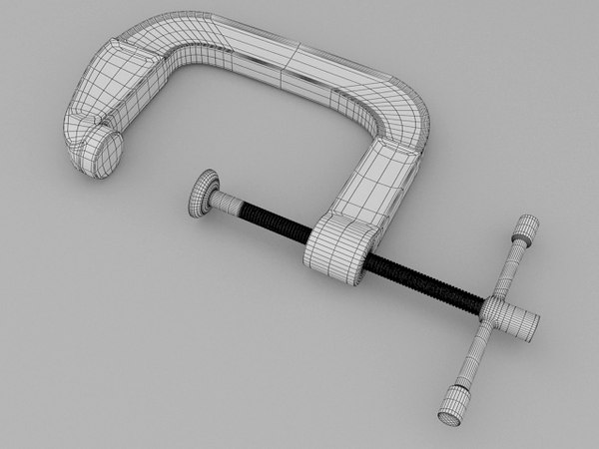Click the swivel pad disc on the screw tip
[202, 192]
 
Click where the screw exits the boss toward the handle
[373, 260]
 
